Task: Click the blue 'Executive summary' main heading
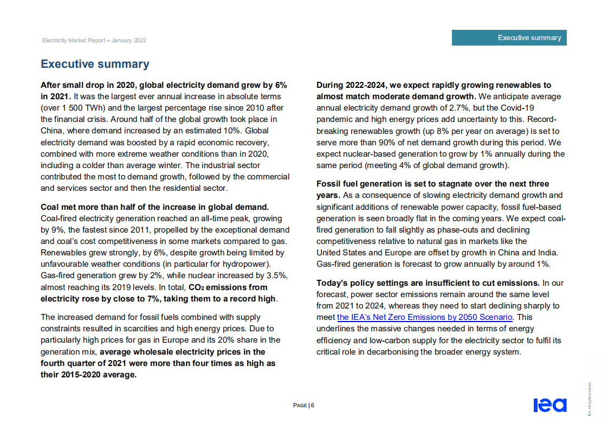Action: click(x=95, y=64)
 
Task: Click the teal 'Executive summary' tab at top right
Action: click(x=509, y=37)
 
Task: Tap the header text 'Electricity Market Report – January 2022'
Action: click(x=94, y=41)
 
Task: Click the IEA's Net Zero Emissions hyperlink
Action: click(x=424, y=317)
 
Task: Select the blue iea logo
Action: click(x=549, y=405)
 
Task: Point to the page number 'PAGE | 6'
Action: click(x=303, y=405)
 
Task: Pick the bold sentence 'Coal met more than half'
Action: click(x=154, y=207)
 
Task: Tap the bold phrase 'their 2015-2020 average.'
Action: click(x=88, y=374)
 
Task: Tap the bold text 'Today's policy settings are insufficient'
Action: click(x=428, y=283)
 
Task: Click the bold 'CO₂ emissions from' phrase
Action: click(x=228, y=287)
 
